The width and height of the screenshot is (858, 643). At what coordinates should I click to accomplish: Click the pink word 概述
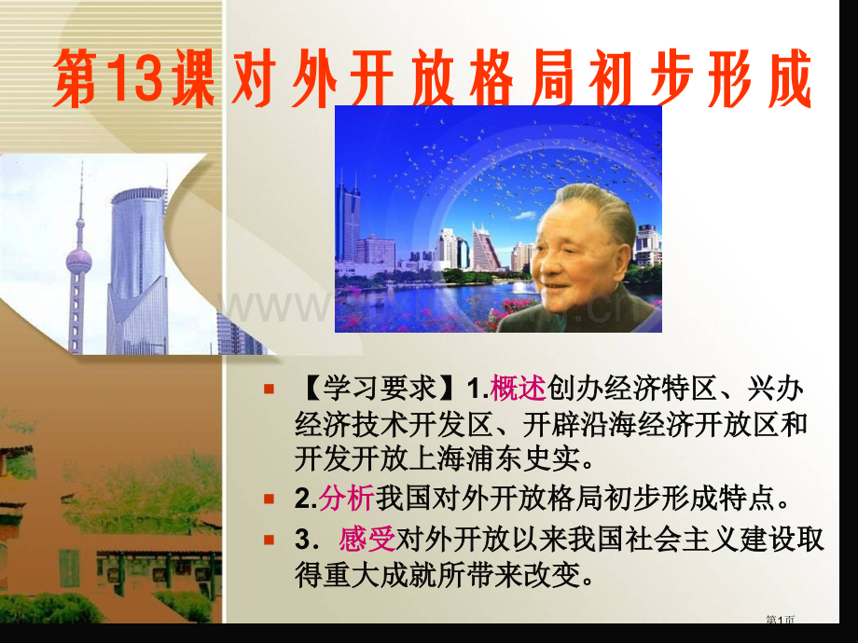[519, 387]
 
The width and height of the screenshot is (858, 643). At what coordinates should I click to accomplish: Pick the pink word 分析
[345, 500]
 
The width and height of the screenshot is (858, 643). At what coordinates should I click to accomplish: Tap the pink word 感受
[367, 540]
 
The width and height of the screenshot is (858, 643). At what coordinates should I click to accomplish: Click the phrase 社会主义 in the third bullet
[624, 540]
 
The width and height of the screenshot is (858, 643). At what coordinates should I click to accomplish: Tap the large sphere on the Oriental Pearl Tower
[78, 260]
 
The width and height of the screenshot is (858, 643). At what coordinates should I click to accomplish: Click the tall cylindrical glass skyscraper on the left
[137, 270]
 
